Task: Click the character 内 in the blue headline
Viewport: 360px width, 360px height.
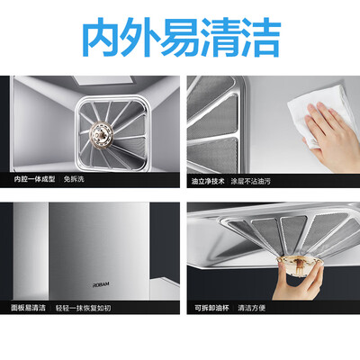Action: [101, 37]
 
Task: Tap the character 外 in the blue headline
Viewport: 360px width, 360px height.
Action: [140, 37]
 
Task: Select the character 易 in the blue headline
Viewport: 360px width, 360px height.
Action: [180, 37]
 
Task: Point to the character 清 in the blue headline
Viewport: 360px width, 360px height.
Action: [220, 37]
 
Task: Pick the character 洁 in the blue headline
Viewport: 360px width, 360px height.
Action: [260, 37]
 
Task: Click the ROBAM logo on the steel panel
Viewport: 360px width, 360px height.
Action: [101, 285]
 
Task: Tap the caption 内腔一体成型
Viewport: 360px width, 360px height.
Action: [34, 179]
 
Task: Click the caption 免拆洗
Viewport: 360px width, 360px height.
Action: [74, 179]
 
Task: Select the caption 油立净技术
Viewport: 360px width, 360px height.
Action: [208, 181]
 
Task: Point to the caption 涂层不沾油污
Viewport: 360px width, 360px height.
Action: [251, 181]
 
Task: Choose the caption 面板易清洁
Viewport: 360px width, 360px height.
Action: [28, 308]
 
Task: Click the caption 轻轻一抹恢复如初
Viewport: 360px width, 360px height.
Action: [83, 308]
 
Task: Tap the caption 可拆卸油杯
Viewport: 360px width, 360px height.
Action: [211, 308]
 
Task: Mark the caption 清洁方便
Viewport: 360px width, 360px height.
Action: [252, 308]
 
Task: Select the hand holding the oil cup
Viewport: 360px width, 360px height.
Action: [298, 282]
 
